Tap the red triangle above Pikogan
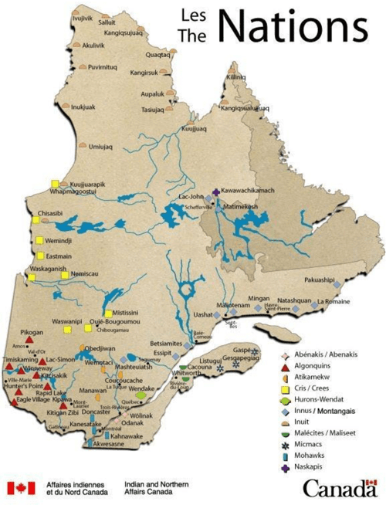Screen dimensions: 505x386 click(29, 338)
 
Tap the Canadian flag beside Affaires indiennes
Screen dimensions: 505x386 click(21, 488)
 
